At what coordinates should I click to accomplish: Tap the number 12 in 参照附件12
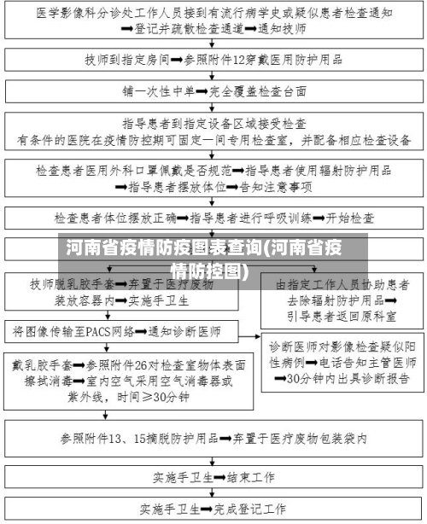[251, 60]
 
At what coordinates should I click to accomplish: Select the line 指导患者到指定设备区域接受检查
[213, 122]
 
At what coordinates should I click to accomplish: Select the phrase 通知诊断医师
[184, 330]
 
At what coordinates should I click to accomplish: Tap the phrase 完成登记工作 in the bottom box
[248, 509]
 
